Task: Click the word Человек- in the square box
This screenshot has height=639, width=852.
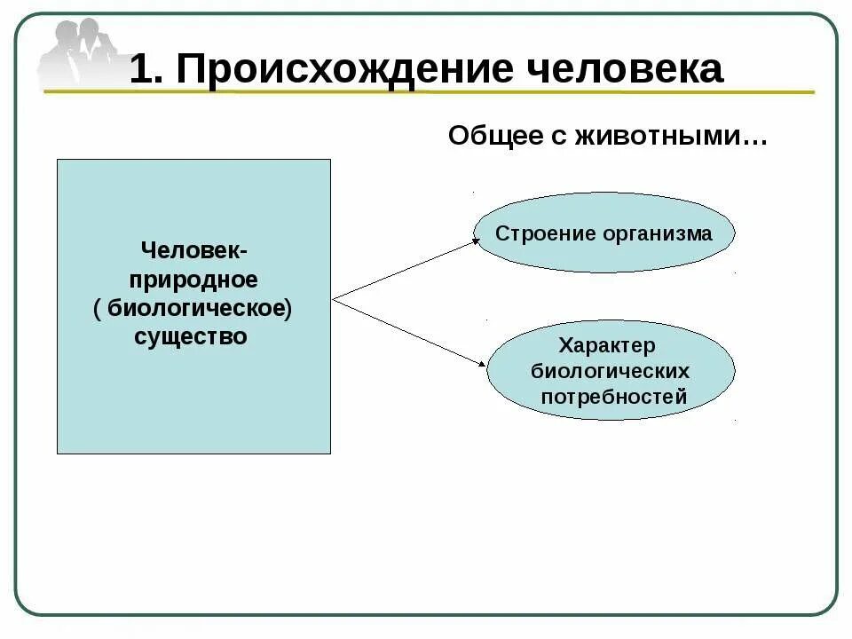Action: (194, 251)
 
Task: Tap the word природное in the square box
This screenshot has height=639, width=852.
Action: (193, 280)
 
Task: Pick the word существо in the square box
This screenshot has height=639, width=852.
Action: (191, 336)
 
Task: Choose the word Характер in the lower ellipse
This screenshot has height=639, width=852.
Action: (607, 345)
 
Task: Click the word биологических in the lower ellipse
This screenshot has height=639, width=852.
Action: (611, 371)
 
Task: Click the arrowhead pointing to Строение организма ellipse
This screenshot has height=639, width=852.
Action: (474, 242)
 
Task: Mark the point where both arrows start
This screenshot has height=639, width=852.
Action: (334, 299)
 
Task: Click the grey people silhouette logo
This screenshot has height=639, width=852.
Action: (80, 53)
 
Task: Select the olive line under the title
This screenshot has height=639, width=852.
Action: (426, 91)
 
